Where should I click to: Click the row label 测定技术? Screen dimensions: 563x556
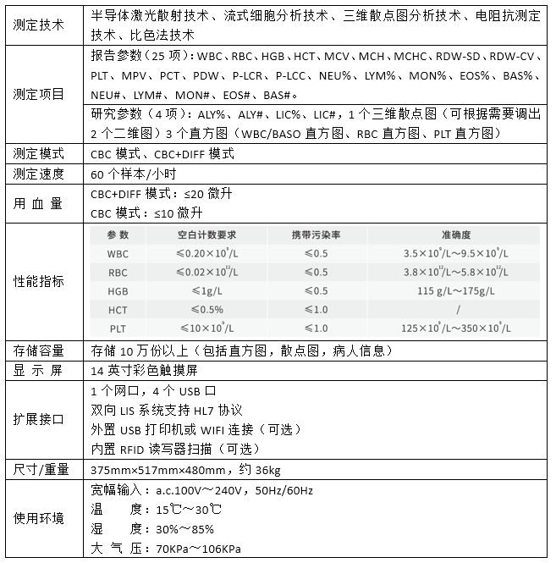39,25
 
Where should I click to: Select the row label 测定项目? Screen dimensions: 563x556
39,94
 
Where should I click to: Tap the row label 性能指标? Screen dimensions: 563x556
39,281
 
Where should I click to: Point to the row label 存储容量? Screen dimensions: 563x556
39,350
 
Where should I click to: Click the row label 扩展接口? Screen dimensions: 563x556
39,419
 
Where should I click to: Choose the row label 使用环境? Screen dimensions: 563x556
39,517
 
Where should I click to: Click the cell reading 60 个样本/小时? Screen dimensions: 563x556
133,174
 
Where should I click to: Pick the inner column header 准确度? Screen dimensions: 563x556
456,235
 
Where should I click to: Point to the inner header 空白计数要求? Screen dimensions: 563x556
206,235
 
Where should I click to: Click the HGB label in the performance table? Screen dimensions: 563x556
118,290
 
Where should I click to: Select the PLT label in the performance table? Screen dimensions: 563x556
118,328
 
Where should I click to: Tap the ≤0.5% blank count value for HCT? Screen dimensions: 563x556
200,309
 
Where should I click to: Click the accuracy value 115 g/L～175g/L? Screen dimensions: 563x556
456,290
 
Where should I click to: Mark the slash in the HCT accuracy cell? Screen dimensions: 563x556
456,309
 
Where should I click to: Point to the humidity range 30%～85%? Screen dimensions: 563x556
184,529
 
